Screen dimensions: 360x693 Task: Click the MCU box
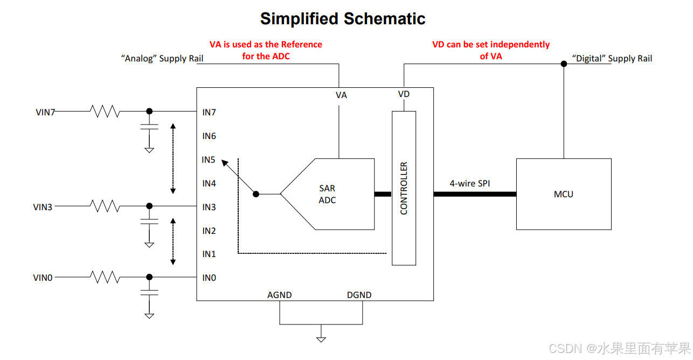[x=564, y=194]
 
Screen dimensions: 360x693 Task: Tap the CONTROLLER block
[x=404, y=188]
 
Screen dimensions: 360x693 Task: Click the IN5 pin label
[x=209, y=160]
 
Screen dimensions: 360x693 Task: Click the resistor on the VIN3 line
[x=105, y=206]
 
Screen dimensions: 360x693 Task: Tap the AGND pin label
[x=279, y=295]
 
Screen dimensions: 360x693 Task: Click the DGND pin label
[x=359, y=295]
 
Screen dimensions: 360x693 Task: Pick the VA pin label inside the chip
[x=341, y=95]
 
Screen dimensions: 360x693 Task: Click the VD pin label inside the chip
[x=404, y=94]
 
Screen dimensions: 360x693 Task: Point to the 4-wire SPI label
[x=470, y=184]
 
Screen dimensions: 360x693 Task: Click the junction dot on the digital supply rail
[x=564, y=64]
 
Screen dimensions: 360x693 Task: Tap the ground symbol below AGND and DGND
[x=321, y=339]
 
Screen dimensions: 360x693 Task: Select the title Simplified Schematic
[x=343, y=19]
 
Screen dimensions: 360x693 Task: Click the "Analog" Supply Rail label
[x=162, y=59]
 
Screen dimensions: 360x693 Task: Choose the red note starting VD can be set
[x=491, y=50]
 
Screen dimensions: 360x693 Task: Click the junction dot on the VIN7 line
[x=149, y=111]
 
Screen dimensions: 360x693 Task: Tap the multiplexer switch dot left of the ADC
[x=257, y=194]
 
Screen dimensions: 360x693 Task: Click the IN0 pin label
[x=209, y=278]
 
